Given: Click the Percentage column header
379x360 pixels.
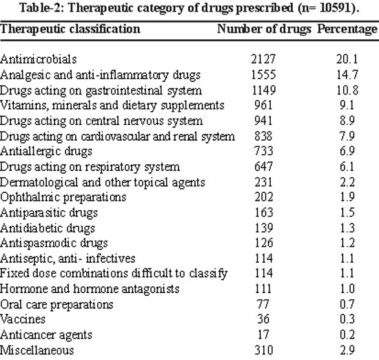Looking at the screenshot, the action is [347, 29].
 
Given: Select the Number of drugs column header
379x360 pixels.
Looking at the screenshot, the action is [264, 29].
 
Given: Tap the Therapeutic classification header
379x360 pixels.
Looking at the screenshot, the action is [70, 29].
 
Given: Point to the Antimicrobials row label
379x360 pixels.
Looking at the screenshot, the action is [38, 59].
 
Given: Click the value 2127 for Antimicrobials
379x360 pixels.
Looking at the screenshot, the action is [263, 59].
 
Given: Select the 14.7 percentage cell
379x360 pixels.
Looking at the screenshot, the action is [347, 74].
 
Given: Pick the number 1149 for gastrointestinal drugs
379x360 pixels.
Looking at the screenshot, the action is [264, 90].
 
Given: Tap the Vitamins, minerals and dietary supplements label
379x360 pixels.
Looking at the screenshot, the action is [112, 106].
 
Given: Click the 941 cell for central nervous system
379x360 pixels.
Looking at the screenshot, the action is [263, 121].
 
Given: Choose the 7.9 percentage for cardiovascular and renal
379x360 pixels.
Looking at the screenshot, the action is [347, 137].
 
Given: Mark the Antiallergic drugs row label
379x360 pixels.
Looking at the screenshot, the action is [46, 152].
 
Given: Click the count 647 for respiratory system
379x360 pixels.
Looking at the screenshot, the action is [263, 167].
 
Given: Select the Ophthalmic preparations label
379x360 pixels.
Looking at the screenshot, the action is [63, 197].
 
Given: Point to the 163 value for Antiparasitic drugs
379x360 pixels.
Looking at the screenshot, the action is [264, 212].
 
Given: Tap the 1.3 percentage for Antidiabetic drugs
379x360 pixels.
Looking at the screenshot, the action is [347, 228].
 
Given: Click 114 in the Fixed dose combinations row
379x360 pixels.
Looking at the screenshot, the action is [264, 273].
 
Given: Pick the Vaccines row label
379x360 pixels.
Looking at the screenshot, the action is [23, 319].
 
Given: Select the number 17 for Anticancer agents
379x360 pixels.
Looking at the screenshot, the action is [263, 334].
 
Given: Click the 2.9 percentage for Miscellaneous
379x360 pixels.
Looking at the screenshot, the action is [347, 350].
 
